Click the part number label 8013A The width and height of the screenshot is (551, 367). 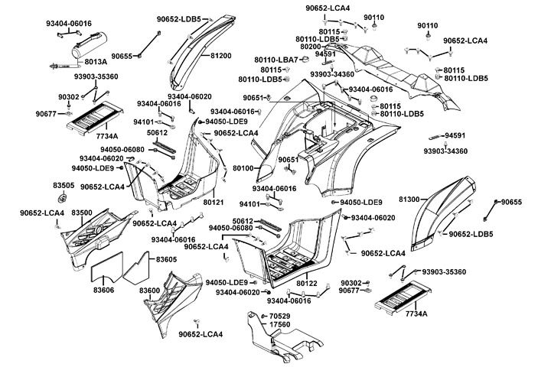pos(96,62)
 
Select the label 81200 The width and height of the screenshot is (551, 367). pos(220,56)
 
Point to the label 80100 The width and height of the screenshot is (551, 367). pos(243,167)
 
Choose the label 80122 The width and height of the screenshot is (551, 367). pos(306,284)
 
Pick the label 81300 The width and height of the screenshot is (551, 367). pos(409,200)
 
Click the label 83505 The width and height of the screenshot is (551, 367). pos(63,186)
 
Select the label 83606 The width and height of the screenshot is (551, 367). pos(105,290)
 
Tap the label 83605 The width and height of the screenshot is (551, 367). pos(167,260)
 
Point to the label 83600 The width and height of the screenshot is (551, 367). pos(150,291)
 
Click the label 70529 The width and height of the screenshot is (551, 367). pos(279,316)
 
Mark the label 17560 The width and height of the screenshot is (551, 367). pos(279,326)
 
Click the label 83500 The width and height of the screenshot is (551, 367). pos(82,212)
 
